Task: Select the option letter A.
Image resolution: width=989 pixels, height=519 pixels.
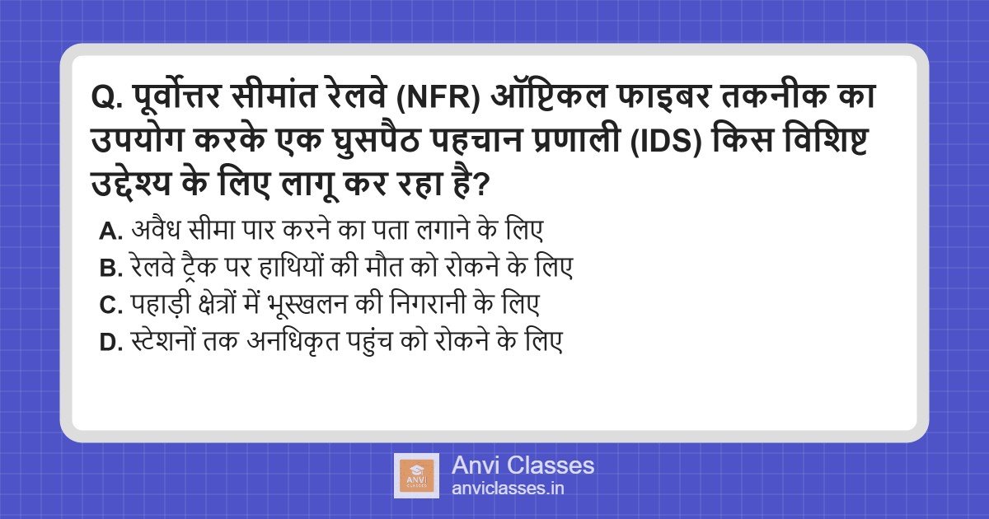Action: point(110,231)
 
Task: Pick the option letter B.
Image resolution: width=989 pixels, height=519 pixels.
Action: point(110,269)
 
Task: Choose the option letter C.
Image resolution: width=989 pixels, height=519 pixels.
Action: point(110,306)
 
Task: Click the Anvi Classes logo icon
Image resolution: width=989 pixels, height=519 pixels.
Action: point(415,475)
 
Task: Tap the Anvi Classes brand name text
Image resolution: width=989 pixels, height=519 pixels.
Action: point(523,465)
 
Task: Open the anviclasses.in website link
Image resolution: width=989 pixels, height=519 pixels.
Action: point(508,489)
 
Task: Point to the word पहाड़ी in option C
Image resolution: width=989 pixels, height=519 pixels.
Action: point(159,306)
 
